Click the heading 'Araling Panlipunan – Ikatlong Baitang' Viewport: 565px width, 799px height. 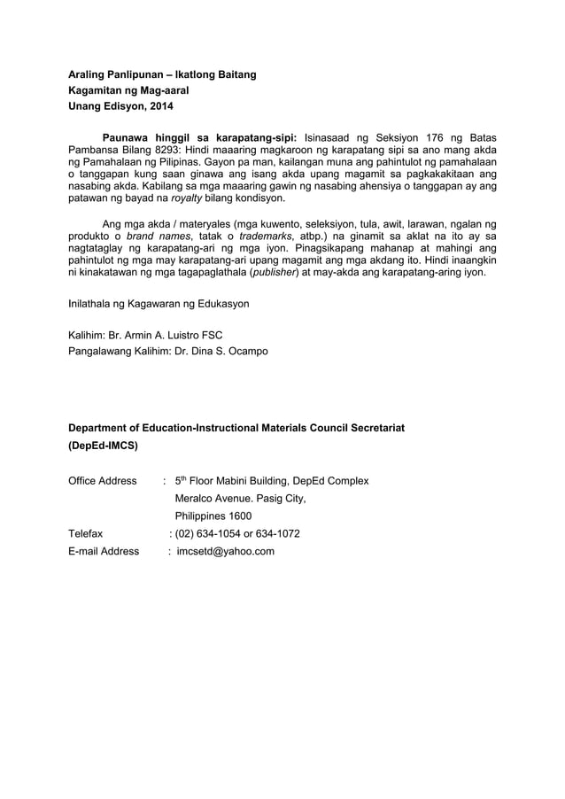162,74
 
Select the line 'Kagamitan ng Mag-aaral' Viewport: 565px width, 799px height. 128,91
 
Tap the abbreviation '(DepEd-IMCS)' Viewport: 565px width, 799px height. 103,446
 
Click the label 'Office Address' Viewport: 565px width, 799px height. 103,481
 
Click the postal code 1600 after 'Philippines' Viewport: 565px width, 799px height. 238,516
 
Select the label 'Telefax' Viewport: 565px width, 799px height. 86,533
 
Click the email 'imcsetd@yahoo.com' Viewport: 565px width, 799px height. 225,551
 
